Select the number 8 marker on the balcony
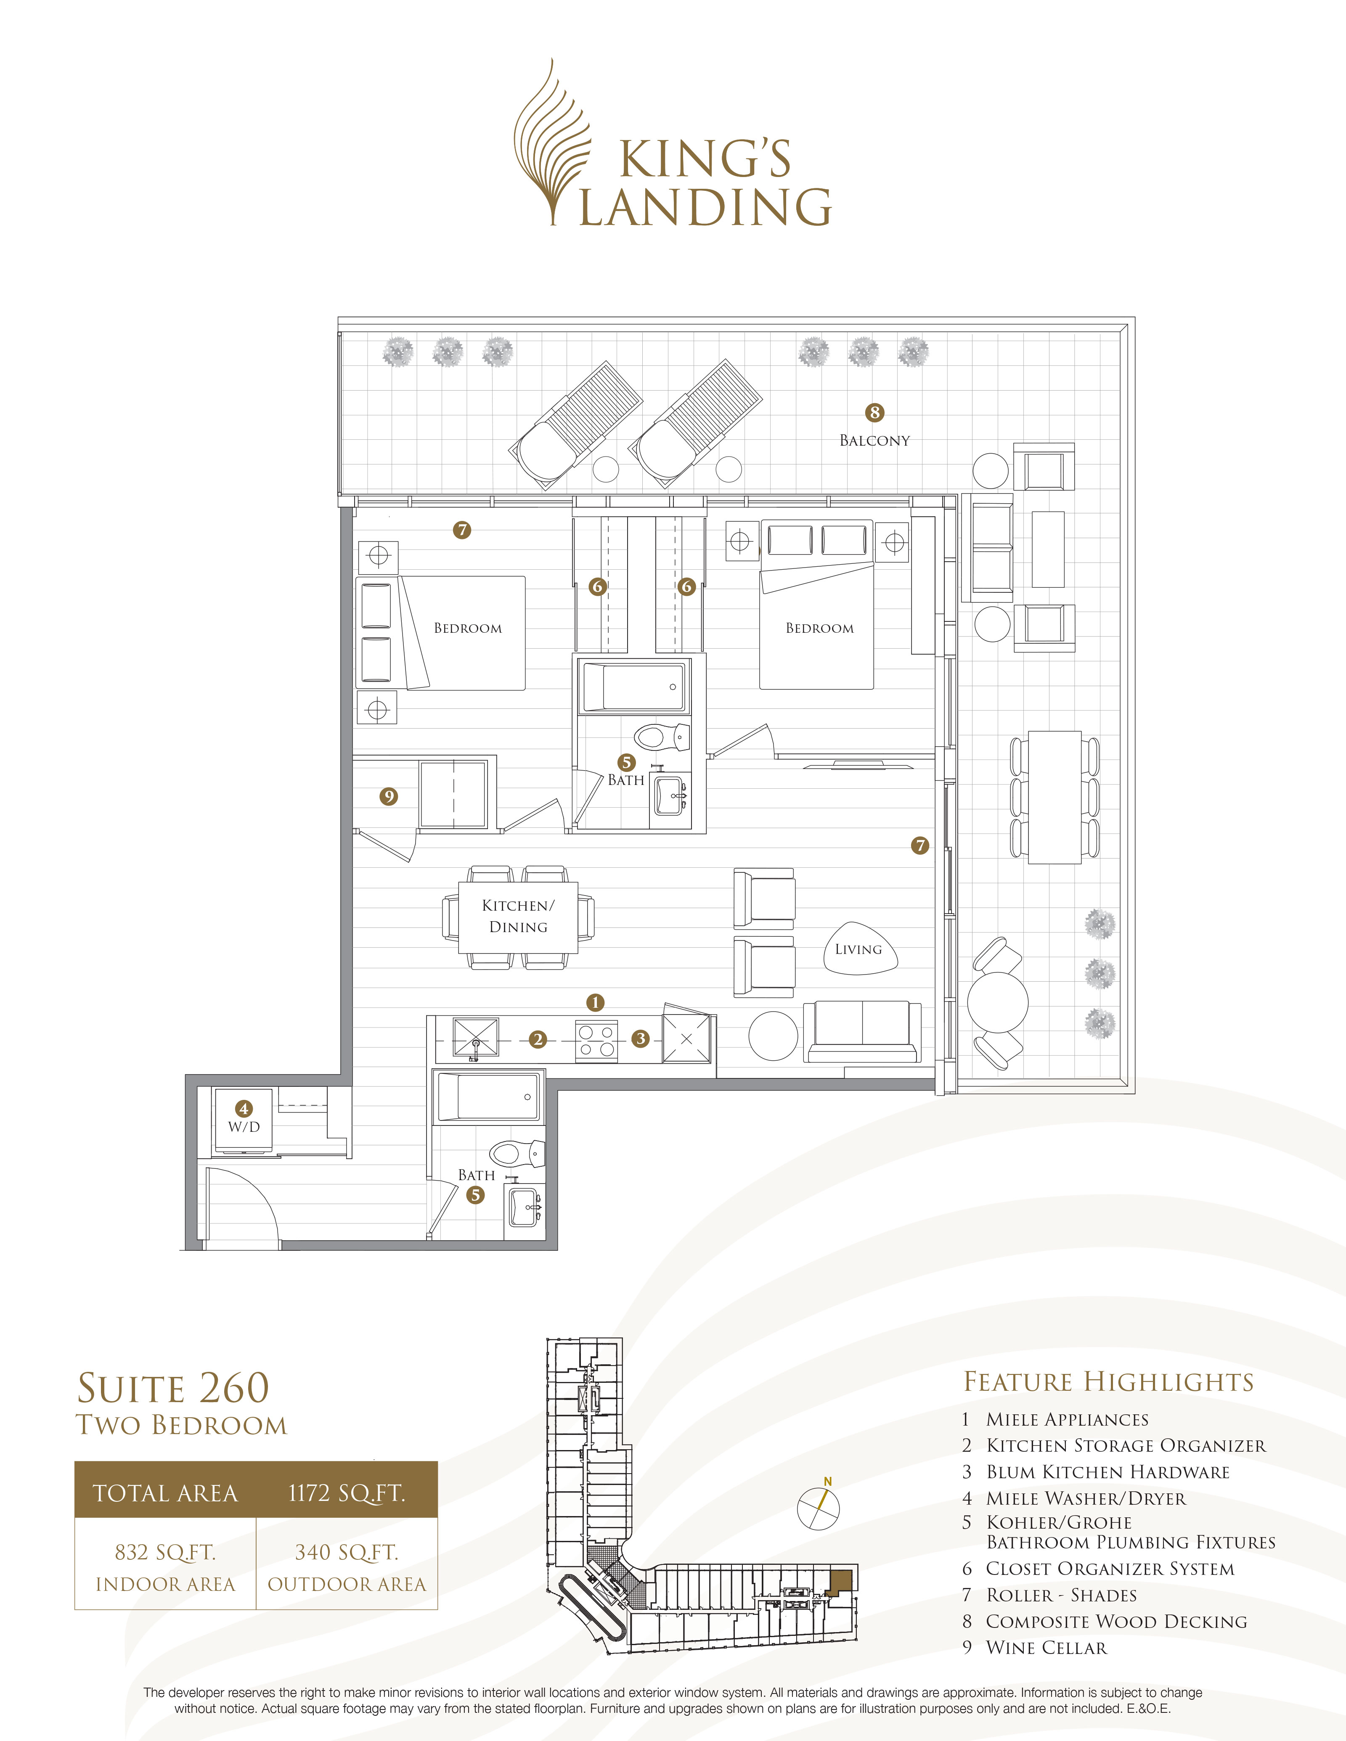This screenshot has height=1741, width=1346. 875,412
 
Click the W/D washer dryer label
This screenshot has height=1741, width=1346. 244,1126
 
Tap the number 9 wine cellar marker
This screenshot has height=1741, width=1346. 388,796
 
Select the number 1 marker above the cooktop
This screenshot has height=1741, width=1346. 595,1002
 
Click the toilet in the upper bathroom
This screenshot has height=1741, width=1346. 662,737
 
